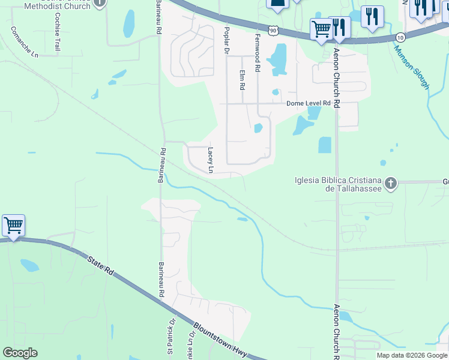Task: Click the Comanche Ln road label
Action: (25, 42)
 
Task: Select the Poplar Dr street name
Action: (227, 40)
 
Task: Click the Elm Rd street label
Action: (243, 80)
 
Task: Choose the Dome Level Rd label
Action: (309, 103)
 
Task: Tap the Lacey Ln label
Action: (210, 160)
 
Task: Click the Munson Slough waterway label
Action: (411, 67)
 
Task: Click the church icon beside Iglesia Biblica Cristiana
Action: (391, 183)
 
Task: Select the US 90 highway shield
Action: (274, 30)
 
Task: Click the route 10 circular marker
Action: (400, 37)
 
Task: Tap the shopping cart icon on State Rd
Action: (13, 226)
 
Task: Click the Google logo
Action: (20, 353)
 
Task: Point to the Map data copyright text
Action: (412, 355)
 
